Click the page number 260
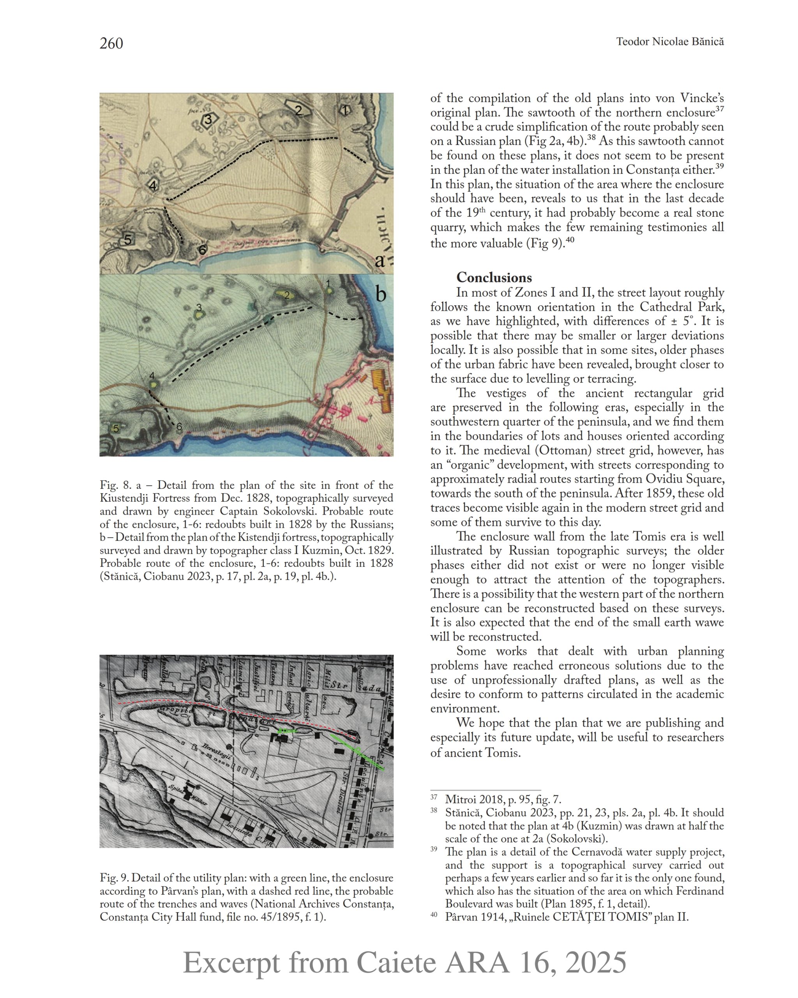coord(111,44)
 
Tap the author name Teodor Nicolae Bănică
coord(669,42)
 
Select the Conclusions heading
coord(494,277)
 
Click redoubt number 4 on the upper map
coord(153,185)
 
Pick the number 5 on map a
coord(128,239)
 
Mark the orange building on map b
coord(382,391)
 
